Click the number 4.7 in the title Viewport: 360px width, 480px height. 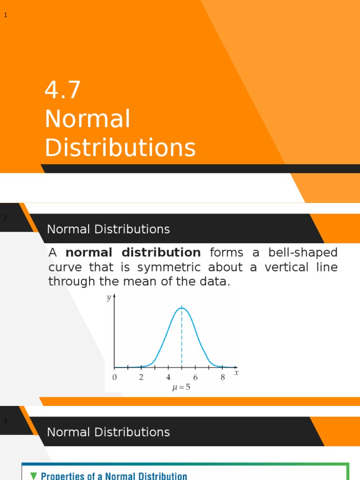coord(63,90)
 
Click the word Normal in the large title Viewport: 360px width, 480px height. coord(88,119)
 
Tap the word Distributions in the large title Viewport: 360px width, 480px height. coord(120,148)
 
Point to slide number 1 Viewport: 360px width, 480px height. coord(6,15)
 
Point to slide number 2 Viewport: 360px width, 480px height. coord(6,218)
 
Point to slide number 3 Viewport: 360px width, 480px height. coord(6,421)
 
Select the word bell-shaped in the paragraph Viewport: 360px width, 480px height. coord(303,253)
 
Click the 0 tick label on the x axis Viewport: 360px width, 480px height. coord(114,377)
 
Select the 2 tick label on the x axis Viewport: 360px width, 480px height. coord(141,377)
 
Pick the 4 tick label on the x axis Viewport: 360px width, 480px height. coord(168,377)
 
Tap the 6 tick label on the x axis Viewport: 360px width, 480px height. coord(195,377)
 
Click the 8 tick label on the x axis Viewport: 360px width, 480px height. coord(223,377)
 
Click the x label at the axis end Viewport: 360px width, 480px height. coord(236,373)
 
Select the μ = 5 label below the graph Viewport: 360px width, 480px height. coord(181,388)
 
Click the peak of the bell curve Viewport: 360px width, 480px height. coord(182,308)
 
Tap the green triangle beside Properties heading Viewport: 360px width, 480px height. coord(33,475)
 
